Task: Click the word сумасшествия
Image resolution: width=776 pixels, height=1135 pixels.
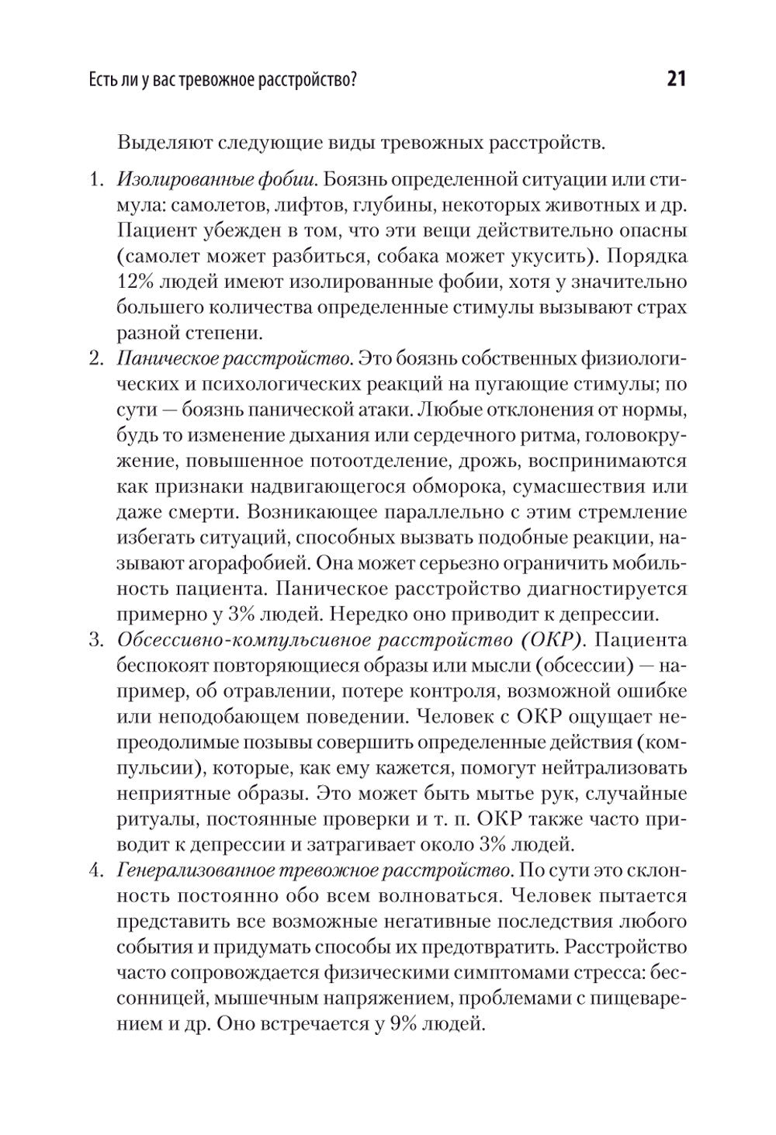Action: [x=577, y=487]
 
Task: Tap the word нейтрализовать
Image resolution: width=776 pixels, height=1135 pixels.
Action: [x=616, y=768]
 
